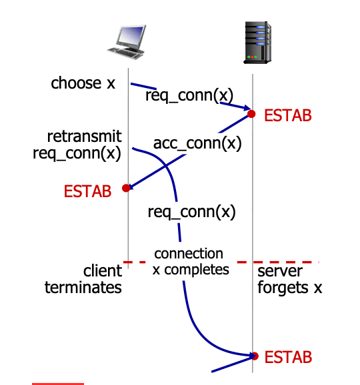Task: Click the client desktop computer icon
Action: pyautogui.click(x=127, y=42)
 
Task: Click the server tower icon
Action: pyautogui.click(x=257, y=43)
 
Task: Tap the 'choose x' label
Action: pyautogui.click(x=83, y=83)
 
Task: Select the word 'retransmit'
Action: pyautogui.click(x=84, y=137)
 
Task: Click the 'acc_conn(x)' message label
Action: pyautogui.click(x=197, y=143)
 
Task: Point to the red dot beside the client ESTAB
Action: pyautogui.click(x=126, y=188)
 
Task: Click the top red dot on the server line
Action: pyautogui.click(x=251, y=114)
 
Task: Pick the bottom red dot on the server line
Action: pyautogui.click(x=255, y=356)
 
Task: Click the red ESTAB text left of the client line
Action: pyautogui.click(x=87, y=191)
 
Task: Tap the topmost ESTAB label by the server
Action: pyautogui.click(x=288, y=115)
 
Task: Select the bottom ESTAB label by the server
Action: pyautogui.click(x=288, y=357)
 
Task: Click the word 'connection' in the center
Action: pyautogui.click(x=189, y=254)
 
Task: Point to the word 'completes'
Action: pyautogui.click(x=197, y=270)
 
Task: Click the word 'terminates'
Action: pyautogui.click(x=83, y=288)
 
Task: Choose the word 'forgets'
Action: pyautogui.click(x=283, y=288)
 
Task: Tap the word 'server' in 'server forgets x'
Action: pyautogui.click(x=280, y=271)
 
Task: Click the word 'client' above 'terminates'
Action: pyautogui.click(x=103, y=270)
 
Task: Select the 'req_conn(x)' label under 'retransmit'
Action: pyautogui.click(x=77, y=153)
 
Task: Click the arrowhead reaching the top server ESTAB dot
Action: pyautogui.click(x=247, y=107)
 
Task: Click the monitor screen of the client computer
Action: pyautogui.click(x=131, y=35)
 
